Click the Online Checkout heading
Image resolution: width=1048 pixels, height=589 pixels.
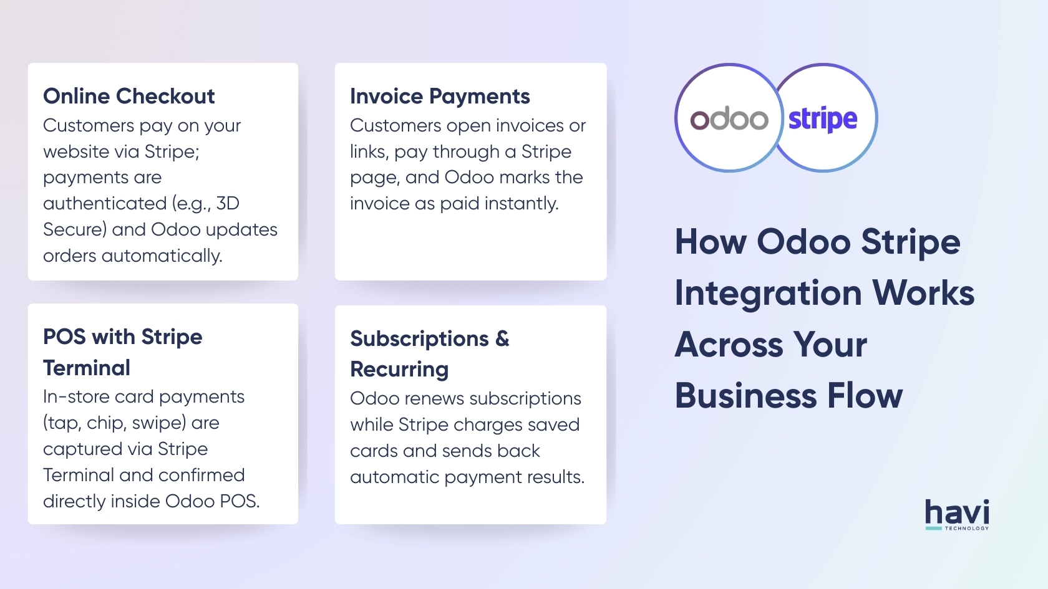click(x=129, y=97)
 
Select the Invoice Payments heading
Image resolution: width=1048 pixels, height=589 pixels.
click(x=440, y=97)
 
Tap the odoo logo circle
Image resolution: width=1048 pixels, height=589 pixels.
click(x=729, y=118)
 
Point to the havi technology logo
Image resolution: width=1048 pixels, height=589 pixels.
click(x=957, y=515)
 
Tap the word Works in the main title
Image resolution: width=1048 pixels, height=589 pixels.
click(x=923, y=293)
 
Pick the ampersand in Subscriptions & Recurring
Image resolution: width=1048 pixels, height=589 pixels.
click(x=502, y=338)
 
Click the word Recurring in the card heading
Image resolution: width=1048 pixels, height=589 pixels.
click(x=399, y=370)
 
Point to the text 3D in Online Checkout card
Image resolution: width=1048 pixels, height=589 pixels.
click(x=228, y=203)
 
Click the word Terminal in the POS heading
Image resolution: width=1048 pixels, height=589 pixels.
click(x=87, y=368)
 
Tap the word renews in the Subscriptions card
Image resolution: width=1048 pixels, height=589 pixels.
click(x=433, y=399)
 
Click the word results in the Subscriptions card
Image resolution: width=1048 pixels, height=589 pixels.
click(x=556, y=477)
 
